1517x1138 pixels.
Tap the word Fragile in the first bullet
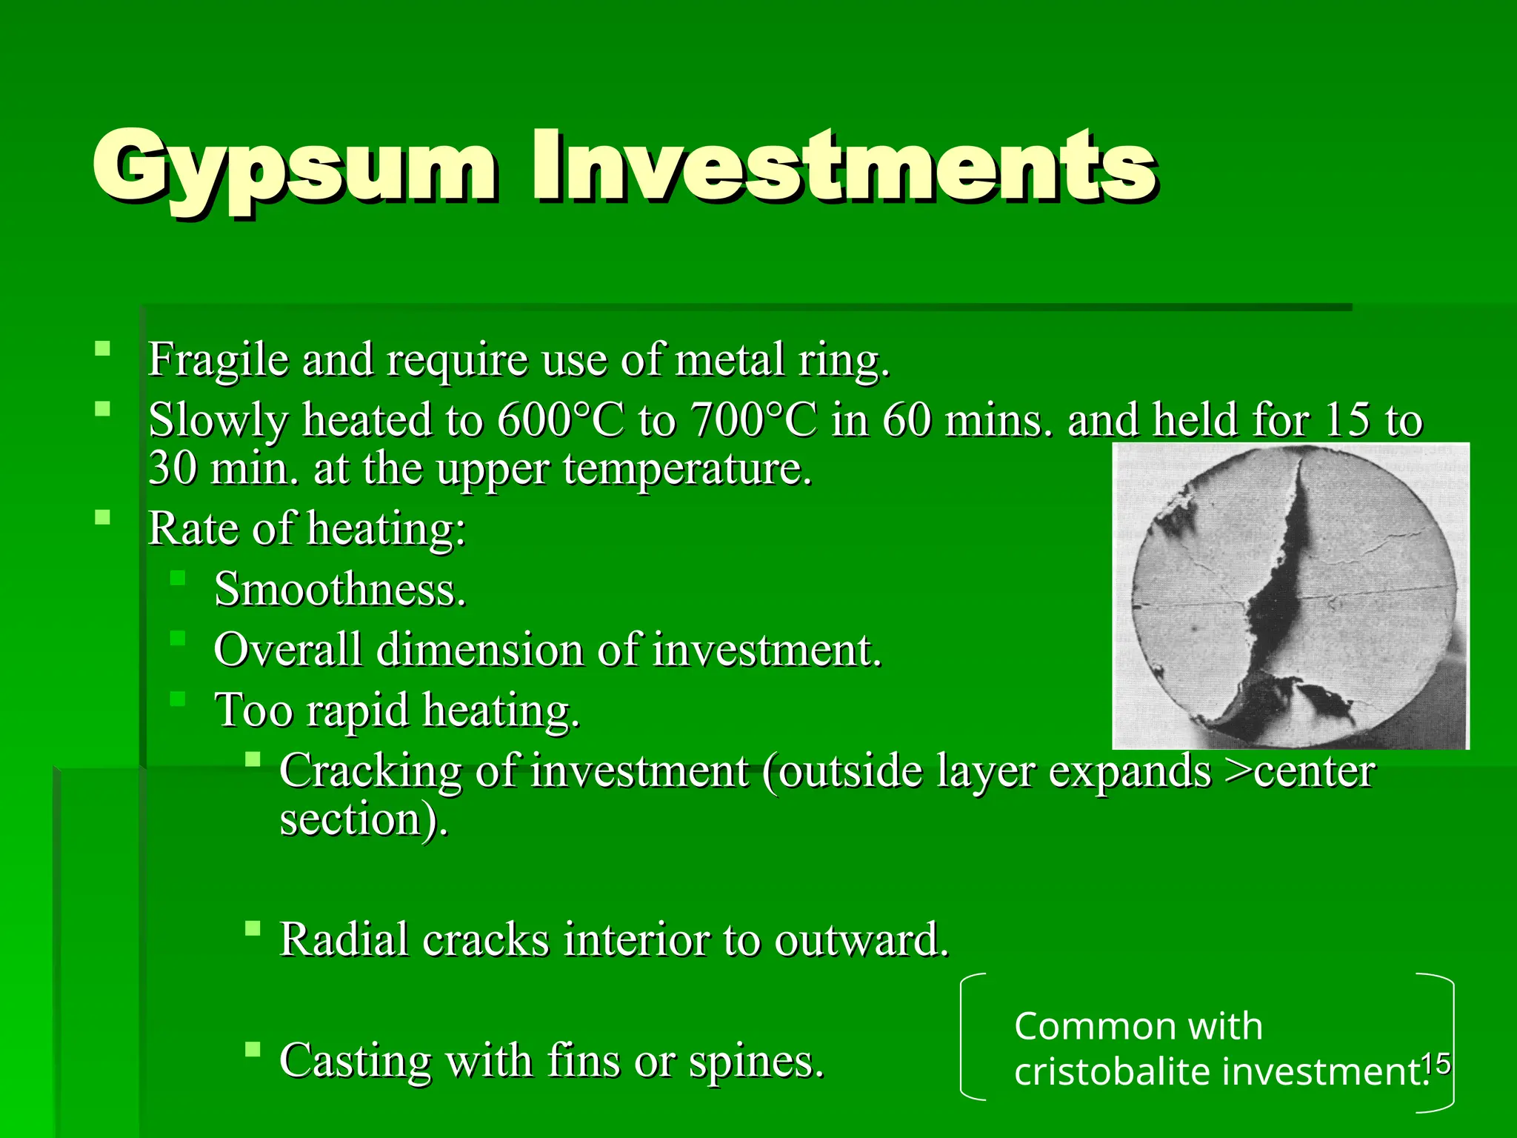pyautogui.click(x=218, y=360)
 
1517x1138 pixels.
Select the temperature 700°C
pyautogui.click(x=754, y=420)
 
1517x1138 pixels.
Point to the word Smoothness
pyautogui.click(x=340, y=590)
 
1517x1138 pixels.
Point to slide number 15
pyautogui.click(x=1436, y=1064)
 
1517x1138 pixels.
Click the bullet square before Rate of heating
pyautogui.click(x=103, y=517)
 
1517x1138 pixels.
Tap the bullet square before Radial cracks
pyautogui.click(x=253, y=928)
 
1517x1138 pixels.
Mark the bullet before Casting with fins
pyautogui.click(x=253, y=1049)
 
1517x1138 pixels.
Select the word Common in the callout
pyautogui.click(x=1078, y=1027)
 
